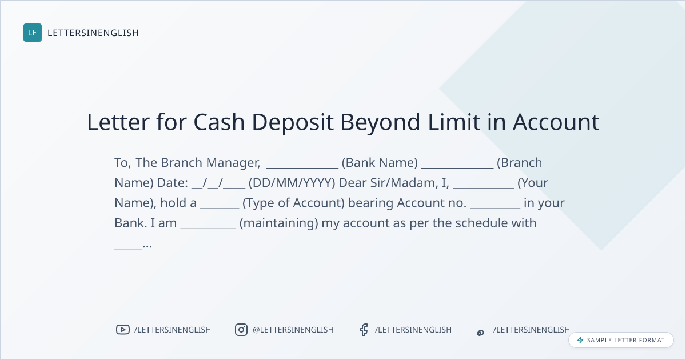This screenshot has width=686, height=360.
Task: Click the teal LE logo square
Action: pos(33,33)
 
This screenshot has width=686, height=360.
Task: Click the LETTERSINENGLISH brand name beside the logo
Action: pos(93,33)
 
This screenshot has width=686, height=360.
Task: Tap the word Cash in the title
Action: pos(219,122)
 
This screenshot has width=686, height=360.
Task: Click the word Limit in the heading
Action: pos(454,122)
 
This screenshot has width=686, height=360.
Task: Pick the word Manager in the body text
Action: pos(233,163)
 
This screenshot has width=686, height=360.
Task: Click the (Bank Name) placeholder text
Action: pos(380,163)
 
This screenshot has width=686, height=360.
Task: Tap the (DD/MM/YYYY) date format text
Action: pos(292,183)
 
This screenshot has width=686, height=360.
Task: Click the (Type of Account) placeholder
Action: pos(294,203)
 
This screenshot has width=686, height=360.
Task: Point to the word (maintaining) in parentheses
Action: pos(279,223)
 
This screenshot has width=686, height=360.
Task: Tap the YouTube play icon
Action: pos(123,330)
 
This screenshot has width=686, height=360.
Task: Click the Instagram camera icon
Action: pos(241,330)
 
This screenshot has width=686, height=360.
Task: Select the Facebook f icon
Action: pos(364,330)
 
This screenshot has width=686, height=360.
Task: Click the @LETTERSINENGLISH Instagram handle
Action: pos(293,330)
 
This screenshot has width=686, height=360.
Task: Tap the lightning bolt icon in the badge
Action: pos(580,340)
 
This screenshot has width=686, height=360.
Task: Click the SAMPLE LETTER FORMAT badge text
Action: pos(625,340)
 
